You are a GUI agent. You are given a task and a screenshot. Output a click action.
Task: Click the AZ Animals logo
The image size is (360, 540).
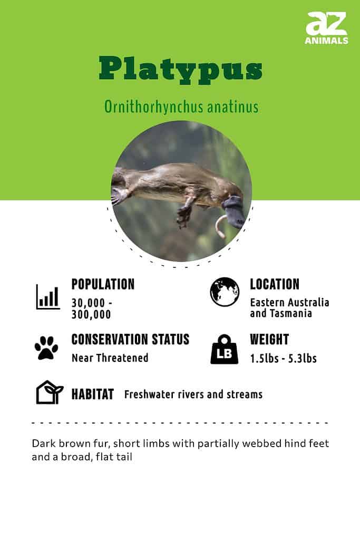click(326, 28)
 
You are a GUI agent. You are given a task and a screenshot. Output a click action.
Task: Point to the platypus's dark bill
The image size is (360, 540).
click(235, 211)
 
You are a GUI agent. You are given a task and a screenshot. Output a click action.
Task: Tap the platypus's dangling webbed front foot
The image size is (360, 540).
click(184, 216)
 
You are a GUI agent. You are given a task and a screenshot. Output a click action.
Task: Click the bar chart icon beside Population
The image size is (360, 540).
click(48, 297)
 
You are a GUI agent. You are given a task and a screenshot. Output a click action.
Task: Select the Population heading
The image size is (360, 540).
click(103, 284)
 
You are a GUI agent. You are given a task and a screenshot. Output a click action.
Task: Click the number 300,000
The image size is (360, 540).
click(91, 314)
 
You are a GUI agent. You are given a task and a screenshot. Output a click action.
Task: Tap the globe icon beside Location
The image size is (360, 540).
click(225, 292)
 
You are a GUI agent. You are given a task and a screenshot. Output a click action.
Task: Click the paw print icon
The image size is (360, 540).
click(46, 348)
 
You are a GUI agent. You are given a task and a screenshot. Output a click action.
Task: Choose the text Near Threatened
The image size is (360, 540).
click(110, 358)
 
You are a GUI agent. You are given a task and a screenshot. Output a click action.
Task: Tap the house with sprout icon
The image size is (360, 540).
click(49, 392)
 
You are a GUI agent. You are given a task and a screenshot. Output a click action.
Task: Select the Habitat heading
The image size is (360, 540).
click(93, 394)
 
